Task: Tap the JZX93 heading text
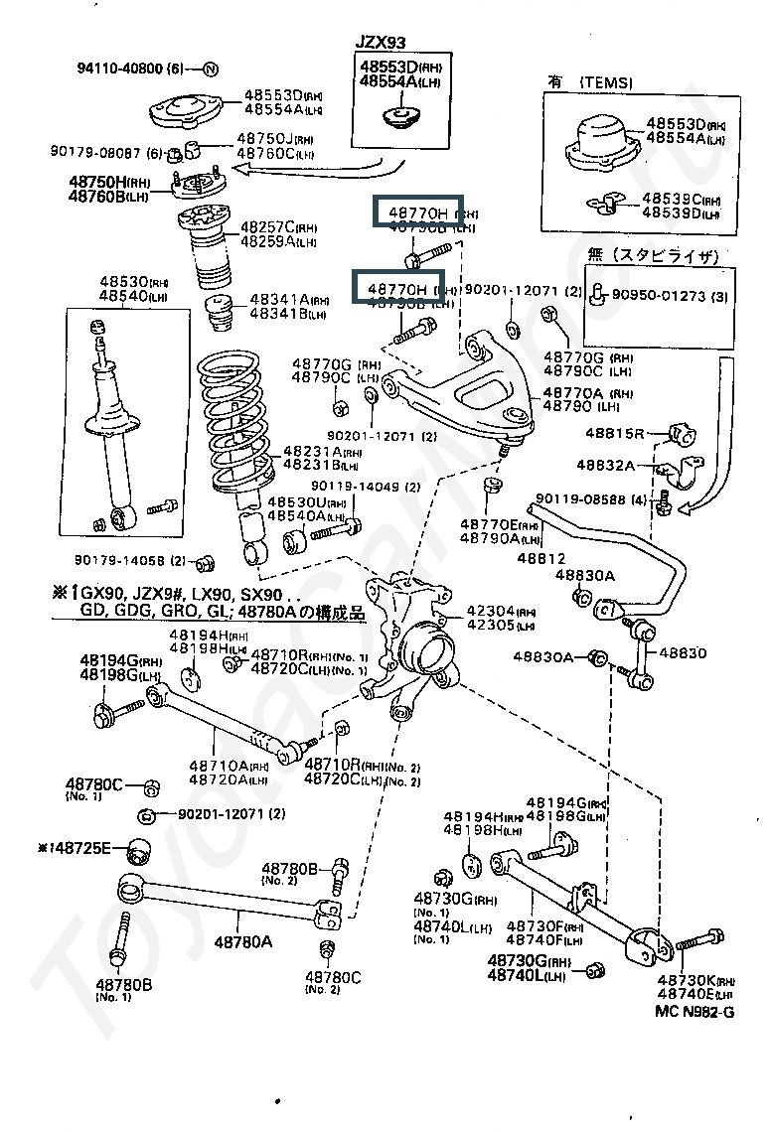384,43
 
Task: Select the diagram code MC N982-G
694,1012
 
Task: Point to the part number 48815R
615,433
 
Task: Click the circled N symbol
211,69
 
